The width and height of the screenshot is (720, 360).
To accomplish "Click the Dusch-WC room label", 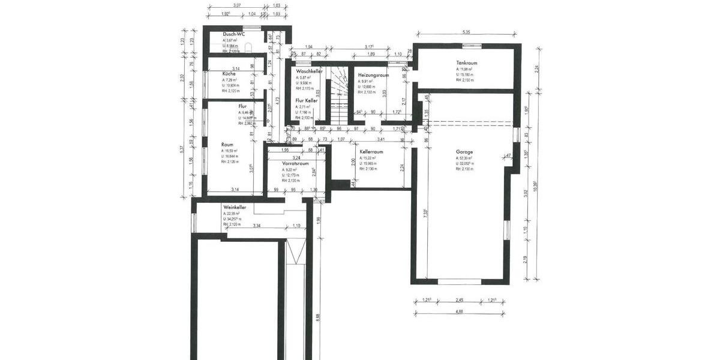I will coord(233,34).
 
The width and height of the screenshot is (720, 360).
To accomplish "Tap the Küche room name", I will coord(229,73).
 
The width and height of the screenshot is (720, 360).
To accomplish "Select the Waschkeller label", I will coord(309,71).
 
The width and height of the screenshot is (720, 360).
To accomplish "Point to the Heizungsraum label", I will coord(373,75).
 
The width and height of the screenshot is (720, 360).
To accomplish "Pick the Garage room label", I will coord(464,152).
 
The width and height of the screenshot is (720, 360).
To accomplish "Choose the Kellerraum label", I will coord(371,152).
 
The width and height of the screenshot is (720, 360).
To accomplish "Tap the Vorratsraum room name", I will coord(295,163).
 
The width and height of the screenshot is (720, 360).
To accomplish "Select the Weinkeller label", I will coord(235,207).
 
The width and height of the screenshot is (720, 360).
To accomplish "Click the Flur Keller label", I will coord(306,100).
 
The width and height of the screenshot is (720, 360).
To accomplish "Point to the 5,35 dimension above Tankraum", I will coord(466,31).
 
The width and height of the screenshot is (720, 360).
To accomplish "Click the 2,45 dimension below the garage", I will coord(460,299).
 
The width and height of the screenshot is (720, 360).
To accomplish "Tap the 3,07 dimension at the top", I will coord(236,5).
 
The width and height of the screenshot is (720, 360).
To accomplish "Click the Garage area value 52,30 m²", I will coord(466,158).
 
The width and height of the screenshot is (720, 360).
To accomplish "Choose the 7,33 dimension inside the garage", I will coord(424,212).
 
